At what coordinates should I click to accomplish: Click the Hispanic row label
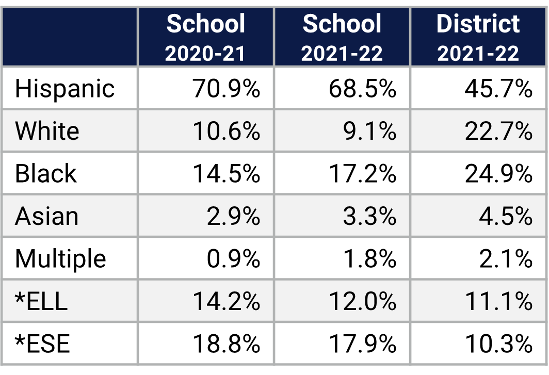[65, 89]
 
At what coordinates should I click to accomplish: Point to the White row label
[47, 131]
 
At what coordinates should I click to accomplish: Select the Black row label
[46, 174]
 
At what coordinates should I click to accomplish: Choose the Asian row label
[47, 216]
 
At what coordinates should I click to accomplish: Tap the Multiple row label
[60, 258]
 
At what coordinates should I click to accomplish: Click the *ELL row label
[41, 301]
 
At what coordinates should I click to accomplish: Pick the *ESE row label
[42, 344]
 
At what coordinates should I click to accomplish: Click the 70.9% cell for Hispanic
[226, 89]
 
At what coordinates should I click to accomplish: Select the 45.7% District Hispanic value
[498, 89]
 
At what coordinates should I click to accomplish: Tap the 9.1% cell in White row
[369, 131]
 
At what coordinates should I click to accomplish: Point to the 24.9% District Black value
[498, 174]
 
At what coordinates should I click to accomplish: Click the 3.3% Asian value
[369, 216]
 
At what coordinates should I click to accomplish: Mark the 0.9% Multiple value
[233, 258]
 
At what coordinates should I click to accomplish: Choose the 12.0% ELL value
[362, 301]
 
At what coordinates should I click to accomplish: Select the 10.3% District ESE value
[498, 344]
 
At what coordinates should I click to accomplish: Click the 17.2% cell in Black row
[362, 174]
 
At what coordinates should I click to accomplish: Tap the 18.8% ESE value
[226, 344]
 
